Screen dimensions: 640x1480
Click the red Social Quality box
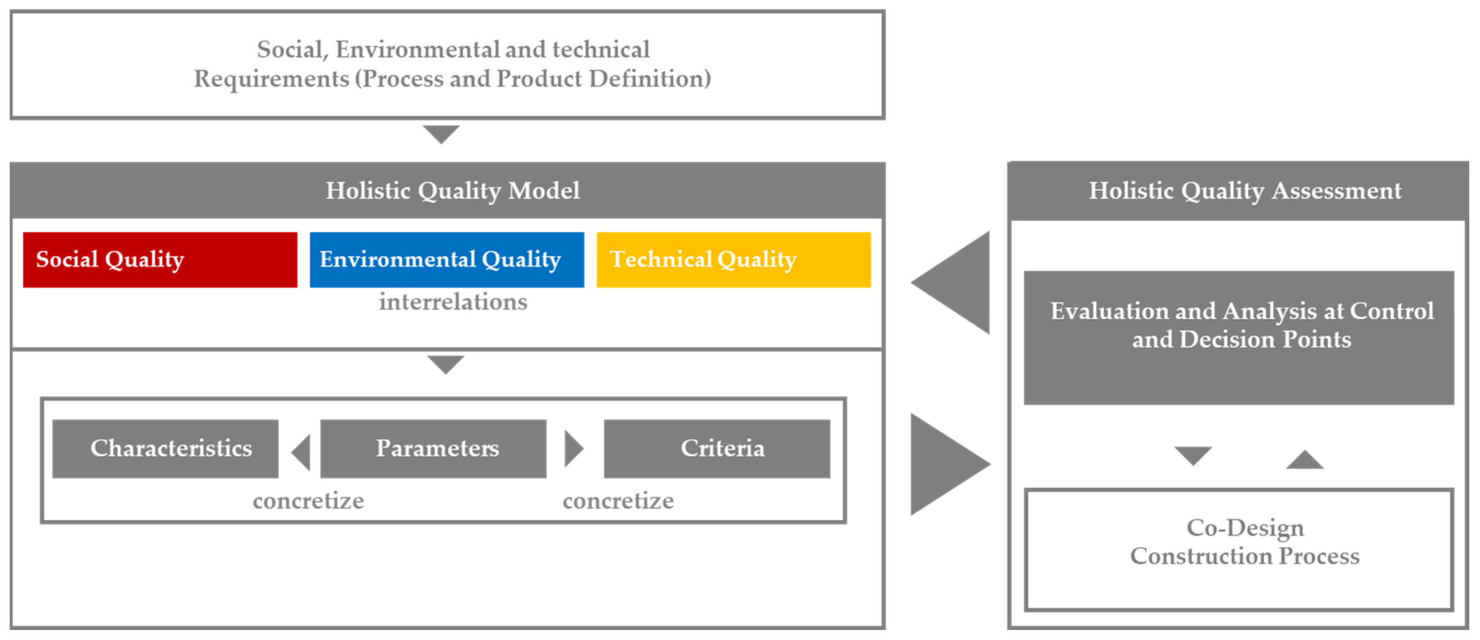(x=160, y=260)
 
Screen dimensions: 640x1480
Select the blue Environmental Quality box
(x=446, y=260)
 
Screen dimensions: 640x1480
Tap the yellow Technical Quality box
(x=733, y=260)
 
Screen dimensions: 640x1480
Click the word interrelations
(x=453, y=302)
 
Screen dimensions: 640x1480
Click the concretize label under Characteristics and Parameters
(x=309, y=501)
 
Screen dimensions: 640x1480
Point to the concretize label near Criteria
(x=618, y=501)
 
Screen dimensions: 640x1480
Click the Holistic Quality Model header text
(x=453, y=191)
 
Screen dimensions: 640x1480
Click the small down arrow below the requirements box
(x=441, y=133)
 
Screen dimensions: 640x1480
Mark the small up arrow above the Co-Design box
(x=1304, y=460)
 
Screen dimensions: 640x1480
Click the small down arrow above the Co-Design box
(x=1193, y=455)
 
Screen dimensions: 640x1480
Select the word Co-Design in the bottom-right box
(x=1245, y=528)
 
